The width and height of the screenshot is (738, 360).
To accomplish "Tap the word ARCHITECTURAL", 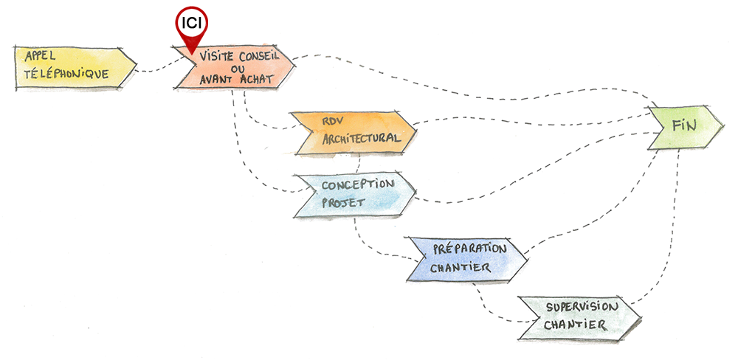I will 362,139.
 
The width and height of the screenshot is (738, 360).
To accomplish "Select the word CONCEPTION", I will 357,184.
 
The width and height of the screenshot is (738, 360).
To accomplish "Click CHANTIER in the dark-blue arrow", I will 461,267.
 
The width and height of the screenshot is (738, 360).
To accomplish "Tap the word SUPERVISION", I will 579,307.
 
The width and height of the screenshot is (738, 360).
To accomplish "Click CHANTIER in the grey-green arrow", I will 575,325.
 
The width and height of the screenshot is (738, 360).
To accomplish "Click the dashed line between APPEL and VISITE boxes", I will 155,71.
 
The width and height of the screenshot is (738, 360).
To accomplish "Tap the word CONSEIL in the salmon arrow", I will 254,55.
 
